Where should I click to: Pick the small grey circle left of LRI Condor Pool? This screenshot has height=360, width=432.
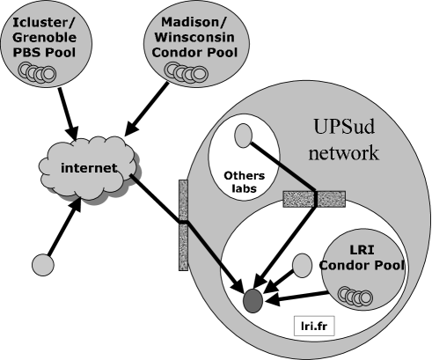pos(301,263)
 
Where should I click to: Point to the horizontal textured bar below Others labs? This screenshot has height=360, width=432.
pos(313,198)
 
